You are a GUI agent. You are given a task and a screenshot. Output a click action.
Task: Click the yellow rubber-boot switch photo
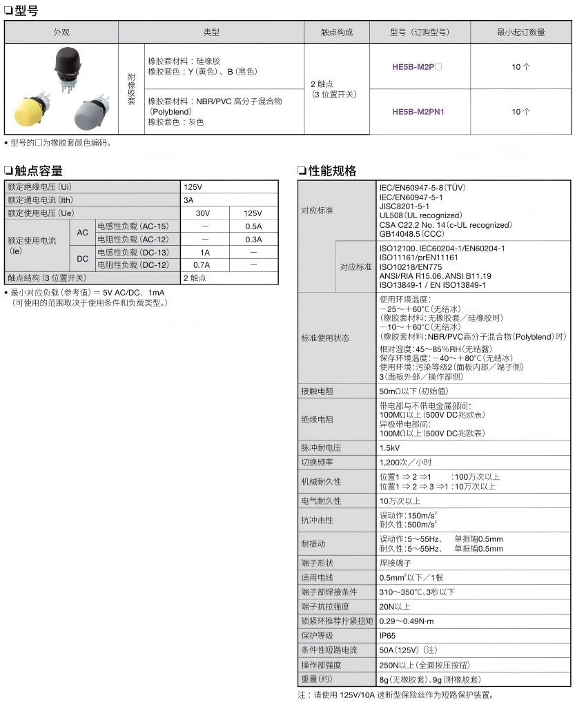pos(31,112)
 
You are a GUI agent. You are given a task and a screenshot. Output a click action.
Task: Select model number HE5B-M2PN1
pos(418,111)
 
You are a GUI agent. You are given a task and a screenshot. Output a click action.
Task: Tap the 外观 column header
pos(61,32)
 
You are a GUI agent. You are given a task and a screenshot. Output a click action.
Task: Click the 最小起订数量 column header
pos(520,32)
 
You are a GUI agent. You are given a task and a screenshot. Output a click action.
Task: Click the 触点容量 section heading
pos(39,171)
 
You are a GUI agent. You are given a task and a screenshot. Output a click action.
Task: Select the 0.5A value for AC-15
pos(253,226)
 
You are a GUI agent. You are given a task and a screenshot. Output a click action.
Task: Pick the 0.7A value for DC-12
pos(202,264)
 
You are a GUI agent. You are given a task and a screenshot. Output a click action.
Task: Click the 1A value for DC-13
pos(204,252)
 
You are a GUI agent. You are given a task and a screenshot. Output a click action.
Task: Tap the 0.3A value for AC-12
pos(253,239)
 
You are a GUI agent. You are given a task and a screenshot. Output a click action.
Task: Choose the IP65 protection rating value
pos(388,635)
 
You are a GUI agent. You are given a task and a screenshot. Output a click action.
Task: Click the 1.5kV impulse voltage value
pos(390,447)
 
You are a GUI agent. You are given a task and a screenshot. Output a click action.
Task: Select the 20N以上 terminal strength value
pos(395,606)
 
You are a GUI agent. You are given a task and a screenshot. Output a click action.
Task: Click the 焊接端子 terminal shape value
pos(395,563)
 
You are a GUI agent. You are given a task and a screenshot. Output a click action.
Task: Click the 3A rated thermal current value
pos(188,200)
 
